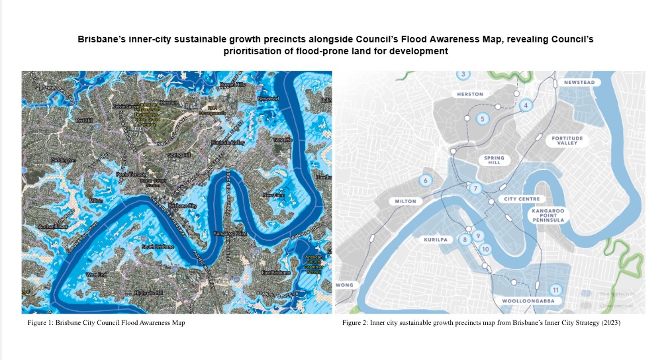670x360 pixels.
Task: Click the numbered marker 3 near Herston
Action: (464, 74)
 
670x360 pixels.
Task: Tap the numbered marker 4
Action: (526, 105)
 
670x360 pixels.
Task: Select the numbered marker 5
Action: (483, 119)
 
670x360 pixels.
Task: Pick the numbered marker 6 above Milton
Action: (426, 180)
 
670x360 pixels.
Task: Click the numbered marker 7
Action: (475, 189)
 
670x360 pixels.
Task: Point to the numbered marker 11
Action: (555, 290)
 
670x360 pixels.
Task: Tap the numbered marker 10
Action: (485, 249)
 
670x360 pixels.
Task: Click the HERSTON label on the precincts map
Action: (470, 95)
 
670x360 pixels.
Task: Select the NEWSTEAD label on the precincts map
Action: (579, 83)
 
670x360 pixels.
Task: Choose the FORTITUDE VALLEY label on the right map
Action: (567, 140)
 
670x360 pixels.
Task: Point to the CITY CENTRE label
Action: (522, 199)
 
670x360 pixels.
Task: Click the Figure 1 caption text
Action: (106, 323)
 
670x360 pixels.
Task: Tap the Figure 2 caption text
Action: (481, 323)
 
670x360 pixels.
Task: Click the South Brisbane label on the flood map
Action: (158, 247)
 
